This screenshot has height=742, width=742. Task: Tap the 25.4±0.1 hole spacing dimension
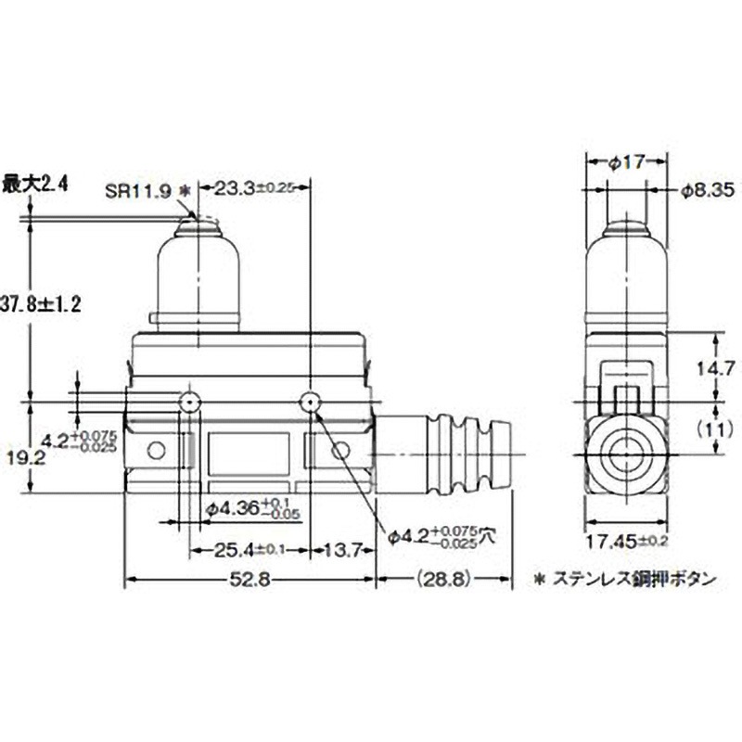(x=247, y=549)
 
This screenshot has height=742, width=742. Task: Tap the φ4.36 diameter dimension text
(x=245, y=506)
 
